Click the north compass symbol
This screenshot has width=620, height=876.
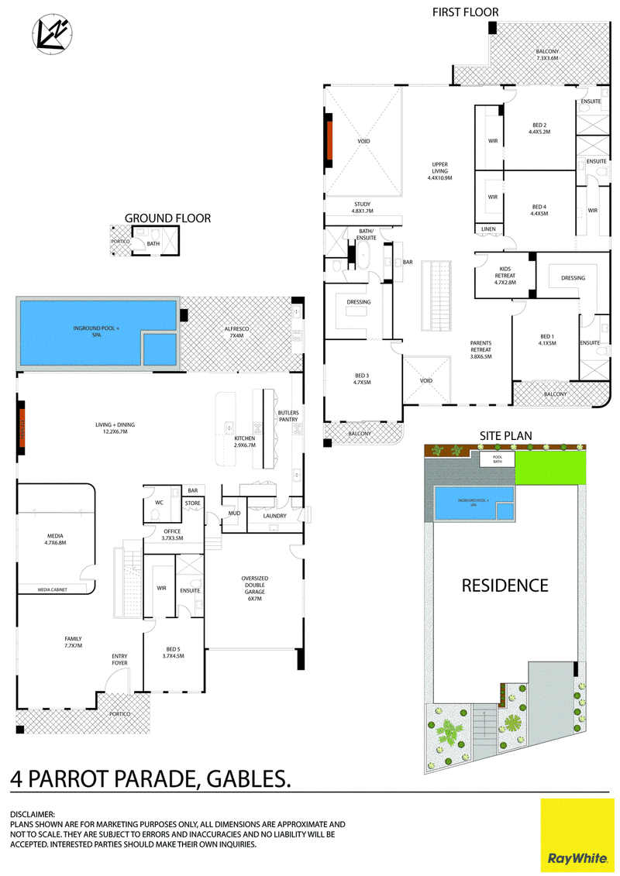tap(52, 34)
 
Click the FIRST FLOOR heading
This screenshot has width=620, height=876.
tap(465, 12)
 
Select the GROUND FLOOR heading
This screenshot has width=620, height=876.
tap(167, 218)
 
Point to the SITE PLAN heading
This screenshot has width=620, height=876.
tap(506, 436)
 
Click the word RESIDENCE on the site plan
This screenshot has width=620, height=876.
tap(505, 586)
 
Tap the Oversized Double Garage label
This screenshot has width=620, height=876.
tap(255, 589)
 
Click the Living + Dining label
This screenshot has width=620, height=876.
tap(115, 428)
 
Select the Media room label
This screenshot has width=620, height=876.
tap(55, 539)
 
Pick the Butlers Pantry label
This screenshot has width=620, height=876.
tap(288, 416)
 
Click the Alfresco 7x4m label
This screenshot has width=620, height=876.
tap(237, 332)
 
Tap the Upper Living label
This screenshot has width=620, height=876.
tap(440, 171)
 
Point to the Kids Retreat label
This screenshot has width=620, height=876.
tap(505, 276)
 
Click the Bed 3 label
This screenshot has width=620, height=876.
tap(362, 379)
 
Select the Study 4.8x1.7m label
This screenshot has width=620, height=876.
tap(362, 208)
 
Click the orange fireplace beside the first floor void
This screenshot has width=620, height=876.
tap(329, 141)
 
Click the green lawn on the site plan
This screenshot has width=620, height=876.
tap(550, 468)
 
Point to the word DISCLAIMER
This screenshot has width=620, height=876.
tap(33, 815)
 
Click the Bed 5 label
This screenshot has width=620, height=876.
tap(174, 652)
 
